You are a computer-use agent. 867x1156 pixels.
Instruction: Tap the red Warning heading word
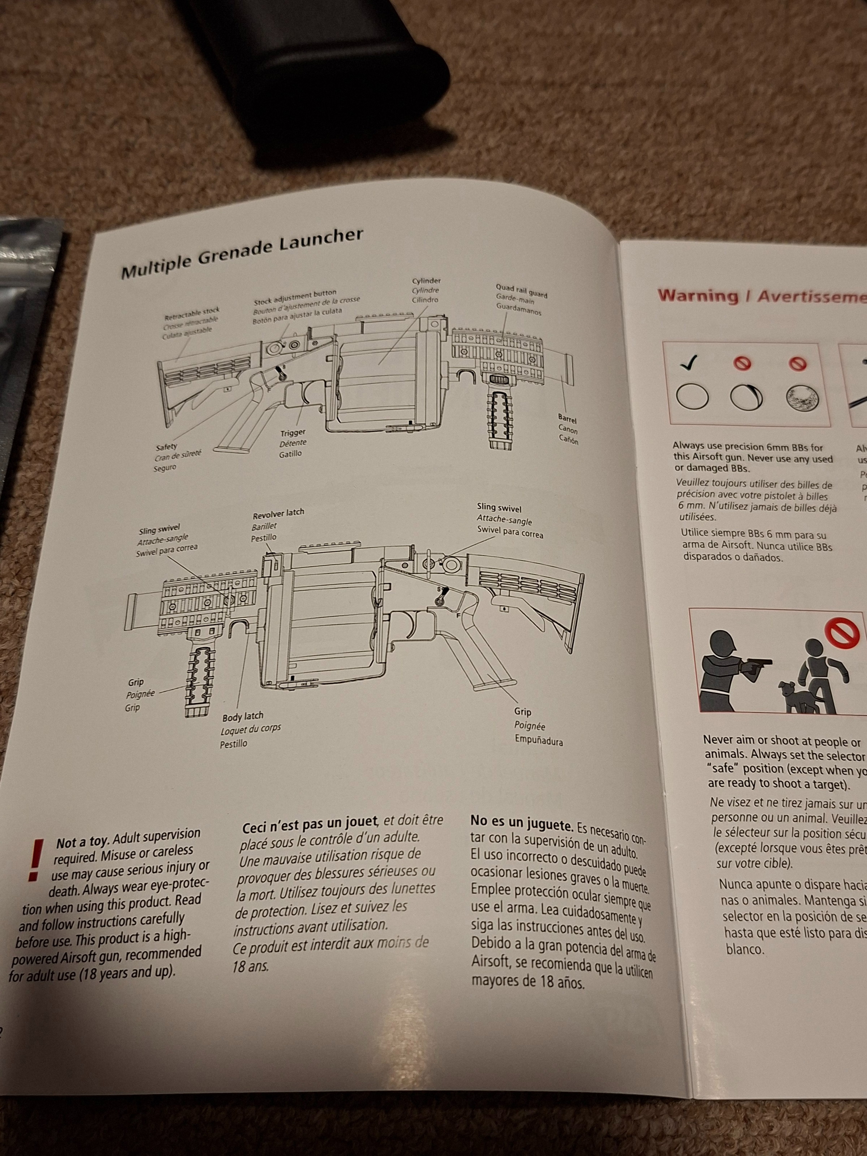click(x=698, y=295)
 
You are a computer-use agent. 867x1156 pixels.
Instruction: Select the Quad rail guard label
click(x=521, y=290)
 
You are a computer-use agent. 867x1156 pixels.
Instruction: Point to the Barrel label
click(x=567, y=419)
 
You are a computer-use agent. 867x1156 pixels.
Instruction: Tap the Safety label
click(x=167, y=447)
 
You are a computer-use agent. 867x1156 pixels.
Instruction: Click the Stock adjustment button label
click(x=295, y=297)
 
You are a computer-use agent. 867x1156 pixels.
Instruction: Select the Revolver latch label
click(x=278, y=513)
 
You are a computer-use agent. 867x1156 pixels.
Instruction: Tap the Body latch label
click(x=243, y=716)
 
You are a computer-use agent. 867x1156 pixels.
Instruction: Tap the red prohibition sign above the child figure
click(x=842, y=634)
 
